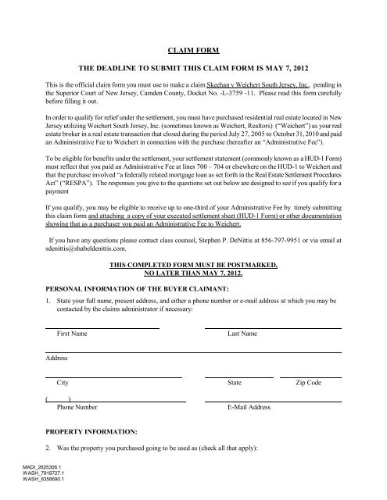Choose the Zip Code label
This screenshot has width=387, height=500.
pyautogui.click(x=308, y=384)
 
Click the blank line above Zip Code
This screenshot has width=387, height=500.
pyautogui.click(x=313, y=377)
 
